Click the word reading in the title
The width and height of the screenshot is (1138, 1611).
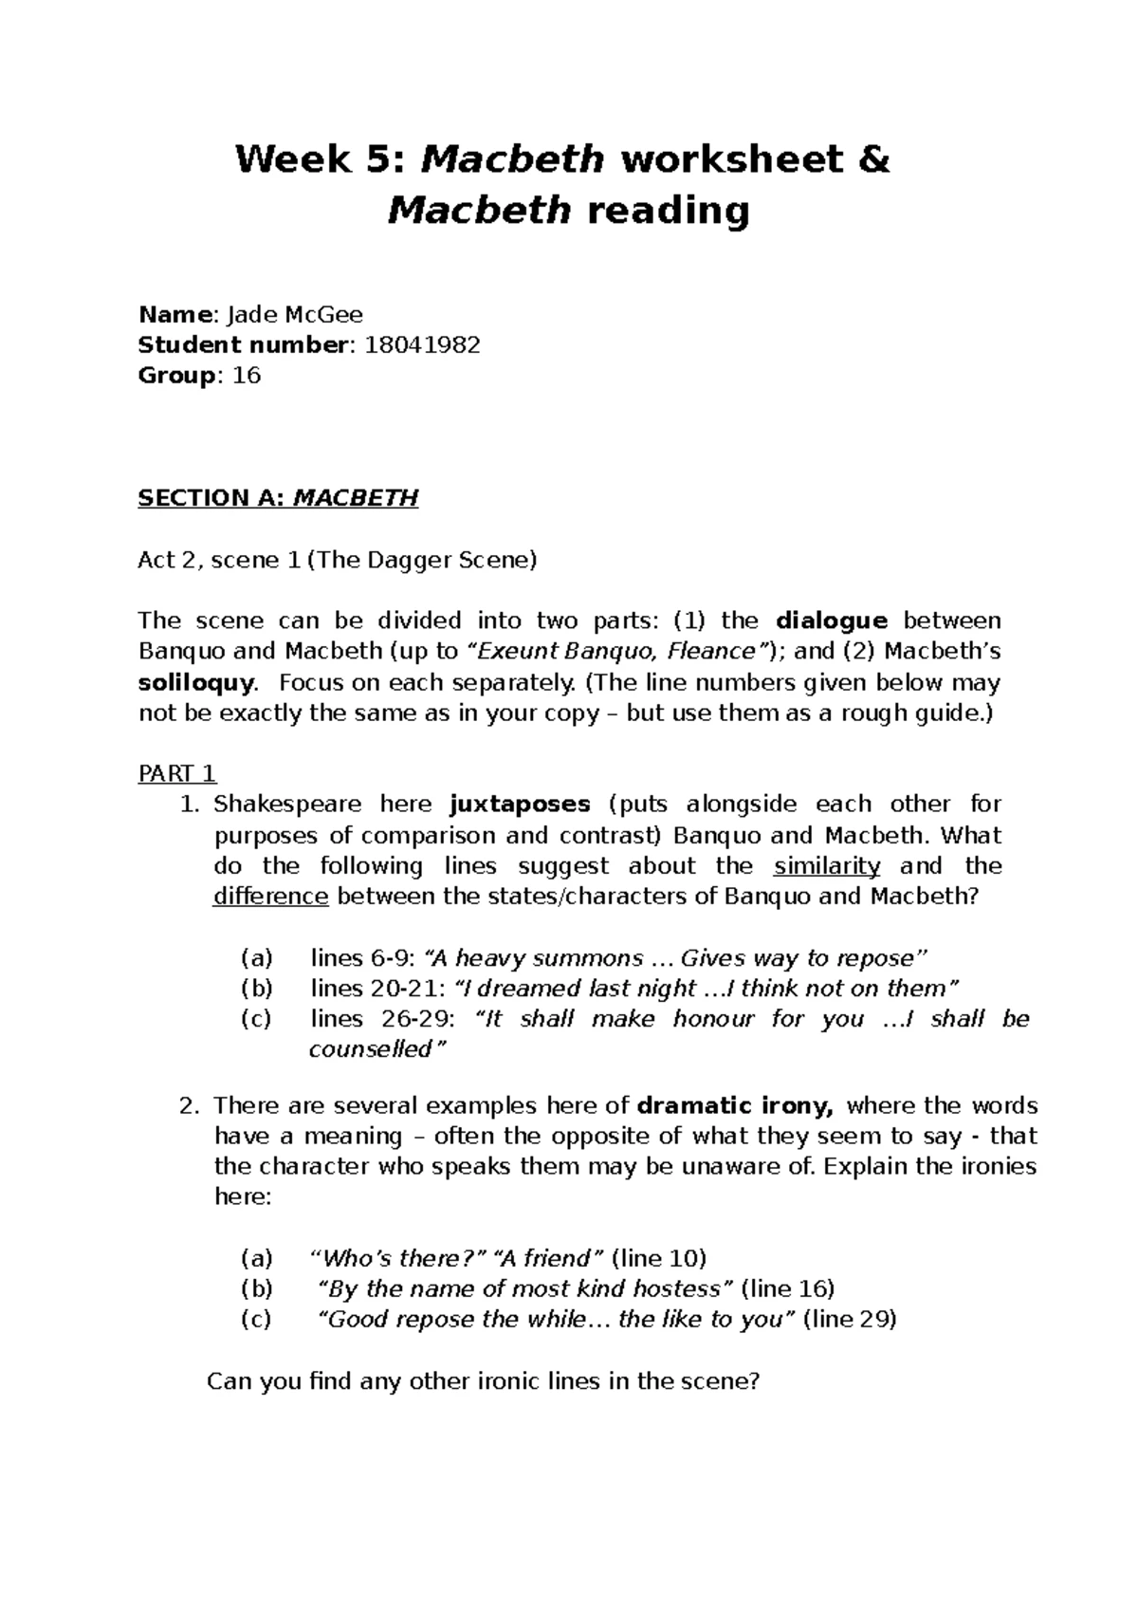(669, 211)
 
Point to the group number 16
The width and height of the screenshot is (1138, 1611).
(246, 376)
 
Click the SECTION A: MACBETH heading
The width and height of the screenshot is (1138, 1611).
(278, 498)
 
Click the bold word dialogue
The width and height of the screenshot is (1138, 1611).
(832, 621)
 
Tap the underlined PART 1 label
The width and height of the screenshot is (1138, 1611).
(177, 773)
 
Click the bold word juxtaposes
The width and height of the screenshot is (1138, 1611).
(520, 805)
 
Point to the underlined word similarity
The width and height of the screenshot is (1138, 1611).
(827, 866)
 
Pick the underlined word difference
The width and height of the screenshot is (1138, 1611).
(271, 897)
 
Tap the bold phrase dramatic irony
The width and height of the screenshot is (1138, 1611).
(736, 1106)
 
